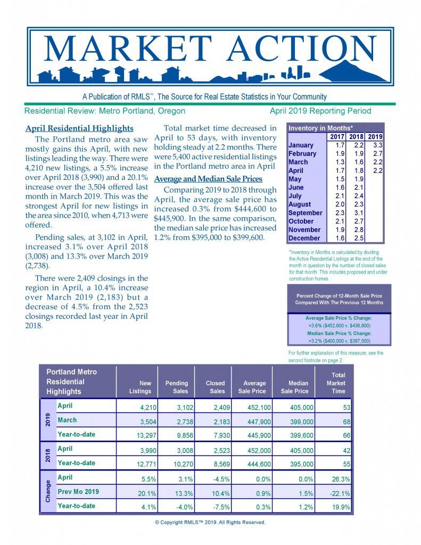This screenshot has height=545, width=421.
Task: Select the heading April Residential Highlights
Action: [79, 129]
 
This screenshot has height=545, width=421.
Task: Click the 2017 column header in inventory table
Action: [337, 136]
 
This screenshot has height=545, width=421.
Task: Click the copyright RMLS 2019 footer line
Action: [210, 522]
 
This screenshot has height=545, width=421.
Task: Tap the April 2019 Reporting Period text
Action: [320, 111]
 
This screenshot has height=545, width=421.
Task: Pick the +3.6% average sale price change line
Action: [339, 326]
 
